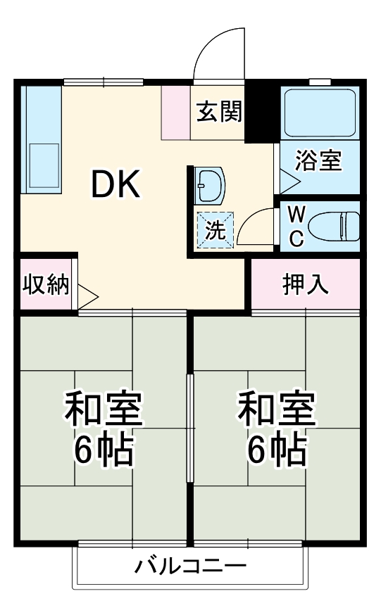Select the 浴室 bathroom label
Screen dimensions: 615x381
pos(318,161)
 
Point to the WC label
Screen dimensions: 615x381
pos(296,226)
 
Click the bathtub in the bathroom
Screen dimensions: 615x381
pos(319,112)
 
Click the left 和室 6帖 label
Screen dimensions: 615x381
pos(104,429)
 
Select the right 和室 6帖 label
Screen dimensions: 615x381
pos(276,429)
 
